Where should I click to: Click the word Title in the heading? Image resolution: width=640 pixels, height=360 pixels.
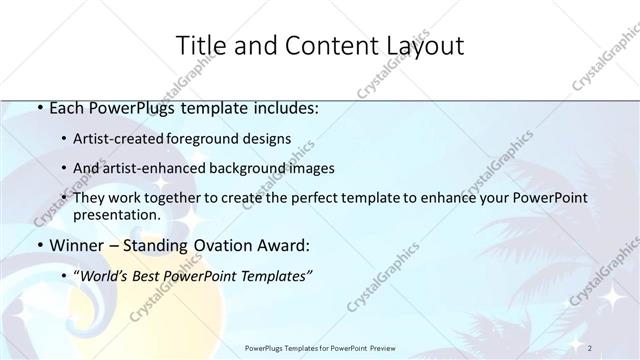(x=200, y=46)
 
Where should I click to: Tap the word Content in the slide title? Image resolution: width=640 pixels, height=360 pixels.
(x=322, y=46)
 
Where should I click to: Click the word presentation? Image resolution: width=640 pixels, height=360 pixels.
(x=117, y=215)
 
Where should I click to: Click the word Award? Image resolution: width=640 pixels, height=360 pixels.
(x=281, y=246)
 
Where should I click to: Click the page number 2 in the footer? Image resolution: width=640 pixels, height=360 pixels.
(x=590, y=347)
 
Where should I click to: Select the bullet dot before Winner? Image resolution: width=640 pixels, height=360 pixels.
(x=38, y=246)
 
